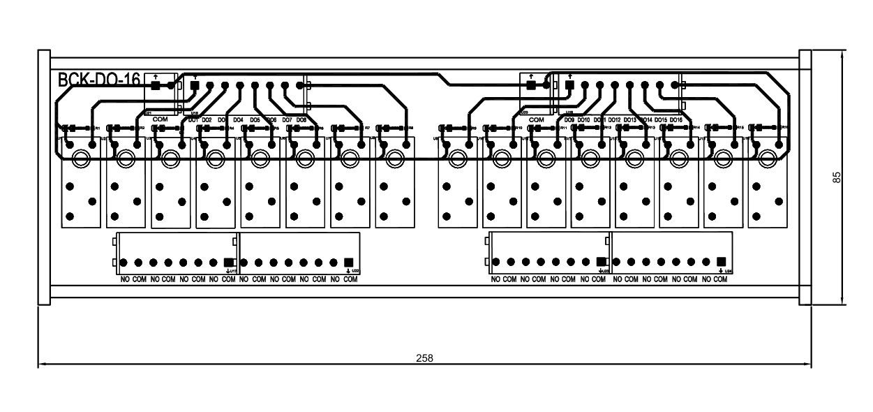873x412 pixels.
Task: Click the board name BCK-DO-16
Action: pyautogui.click(x=99, y=80)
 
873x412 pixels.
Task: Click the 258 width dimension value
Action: pyautogui.click(x=424, y=358)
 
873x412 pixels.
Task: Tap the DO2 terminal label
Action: pyautogui.click(x=207, y=120)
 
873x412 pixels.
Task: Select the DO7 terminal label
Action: pyautogui.click(x=288, y=120)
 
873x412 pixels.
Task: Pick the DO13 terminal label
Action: pyautogui.click(x=629, y=120)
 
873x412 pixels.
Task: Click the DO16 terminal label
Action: pyautogui.click(x=676, y=120)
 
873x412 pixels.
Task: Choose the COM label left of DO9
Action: pyautogui.click(x=536, y=120)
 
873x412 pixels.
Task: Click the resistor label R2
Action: pyautogui.click(x=142, y=128)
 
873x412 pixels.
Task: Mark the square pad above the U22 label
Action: pyautogui.click(x=348, y=262)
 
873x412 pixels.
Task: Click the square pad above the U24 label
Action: pyautogui.click(x=722, y=262)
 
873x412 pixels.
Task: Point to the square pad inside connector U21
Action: pyautogui.click(x=155, y=85)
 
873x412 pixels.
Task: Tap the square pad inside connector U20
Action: pyautogui.click(x=530, y=85)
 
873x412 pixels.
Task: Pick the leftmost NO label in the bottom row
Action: pyautogui.click(x=125, y=279)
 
